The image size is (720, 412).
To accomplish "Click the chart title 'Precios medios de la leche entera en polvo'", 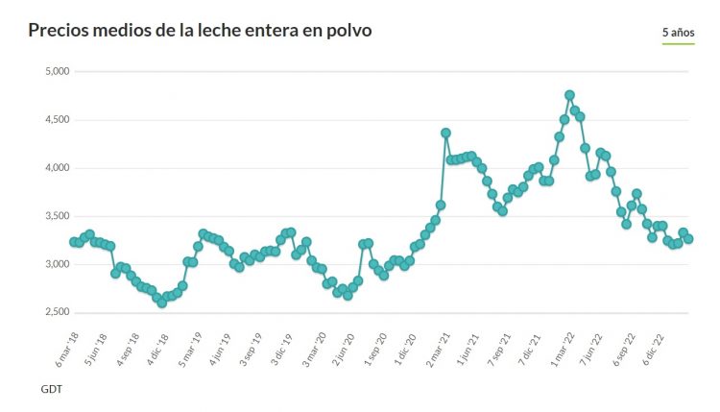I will pyautogui.click(x=200, y=31).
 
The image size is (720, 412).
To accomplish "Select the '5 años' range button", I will pyautogui.click(x=678, y=33).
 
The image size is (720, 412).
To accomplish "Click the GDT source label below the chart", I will pyautogui.click(x=52, y=390).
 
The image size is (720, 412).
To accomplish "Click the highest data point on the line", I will pyautogui.click(x=569, y=95).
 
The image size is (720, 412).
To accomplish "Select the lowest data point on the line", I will pyautogui.click(x=161, y=303).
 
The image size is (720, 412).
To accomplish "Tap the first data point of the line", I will pyautogui.click(x=74, y=242).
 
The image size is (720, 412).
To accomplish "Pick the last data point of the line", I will pyautogui.click(x=688, y=239).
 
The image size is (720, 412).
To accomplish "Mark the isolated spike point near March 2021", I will pyautogui.click(x=445, y=133).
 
